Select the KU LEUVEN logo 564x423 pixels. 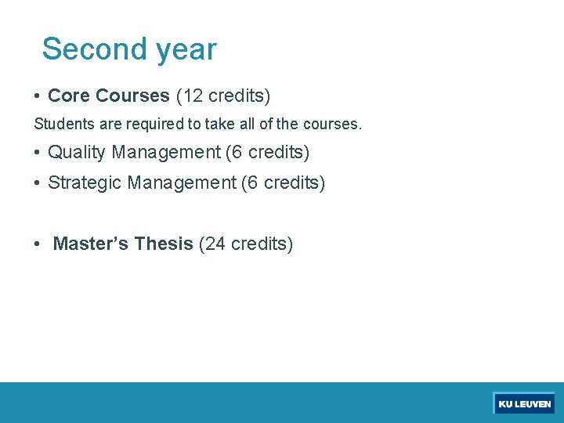524,403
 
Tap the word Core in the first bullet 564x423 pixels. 69,96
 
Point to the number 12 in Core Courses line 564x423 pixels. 193,96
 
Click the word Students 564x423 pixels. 63,124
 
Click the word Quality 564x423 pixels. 77,152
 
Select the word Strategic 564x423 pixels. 85,183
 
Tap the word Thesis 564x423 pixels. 164,244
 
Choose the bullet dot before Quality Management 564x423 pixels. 38,153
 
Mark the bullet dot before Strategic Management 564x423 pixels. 38,183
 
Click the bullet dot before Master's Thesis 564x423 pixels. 38,245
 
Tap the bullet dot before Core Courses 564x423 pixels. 38,97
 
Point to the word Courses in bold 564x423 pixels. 132,96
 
